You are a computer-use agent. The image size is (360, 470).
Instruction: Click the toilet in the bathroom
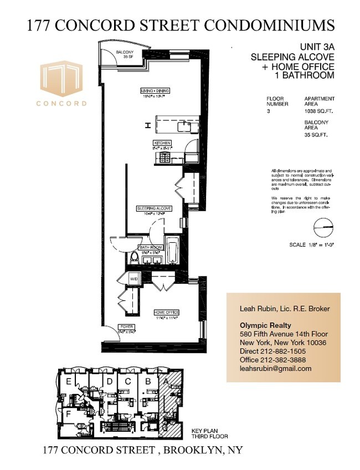point(133,258)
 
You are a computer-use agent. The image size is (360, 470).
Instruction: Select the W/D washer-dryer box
point(134,278)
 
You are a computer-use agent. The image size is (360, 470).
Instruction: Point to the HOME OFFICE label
point(166,313)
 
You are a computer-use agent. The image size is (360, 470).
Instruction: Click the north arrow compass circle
point(325,228)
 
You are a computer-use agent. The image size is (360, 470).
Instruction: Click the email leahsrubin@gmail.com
point(275,368)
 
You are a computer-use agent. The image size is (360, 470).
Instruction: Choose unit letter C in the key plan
point(128,381)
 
